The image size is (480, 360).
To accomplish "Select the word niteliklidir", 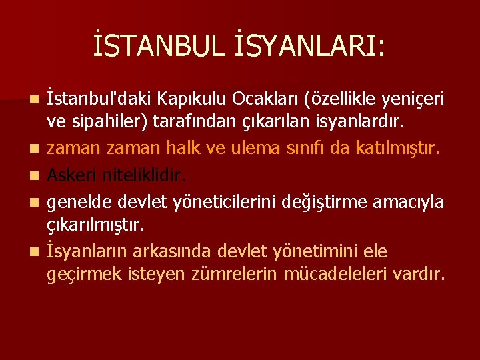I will click(145, 174).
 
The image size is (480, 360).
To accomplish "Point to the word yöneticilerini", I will click(216, 199).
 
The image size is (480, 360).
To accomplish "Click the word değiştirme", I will click(309, 199).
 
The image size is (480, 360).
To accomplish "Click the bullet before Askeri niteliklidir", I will click(34, 175).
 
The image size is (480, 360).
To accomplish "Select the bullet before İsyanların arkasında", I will click(34, 251).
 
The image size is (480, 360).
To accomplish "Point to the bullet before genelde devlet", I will click(34, 200).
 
